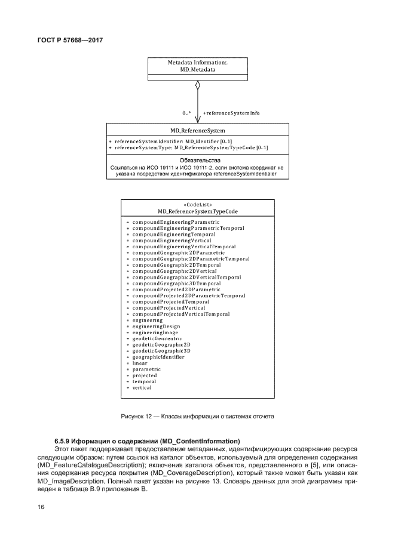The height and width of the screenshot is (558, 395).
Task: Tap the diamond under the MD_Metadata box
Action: point(198,85)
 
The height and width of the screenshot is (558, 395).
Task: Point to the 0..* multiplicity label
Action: point(187,113)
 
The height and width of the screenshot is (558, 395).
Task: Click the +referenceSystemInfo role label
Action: point(231,113)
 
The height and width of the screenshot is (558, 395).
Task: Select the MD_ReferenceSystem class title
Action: point(197,130)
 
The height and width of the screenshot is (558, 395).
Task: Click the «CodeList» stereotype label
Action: point(197,205)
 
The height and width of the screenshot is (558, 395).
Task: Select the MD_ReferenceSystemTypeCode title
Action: point(197,211)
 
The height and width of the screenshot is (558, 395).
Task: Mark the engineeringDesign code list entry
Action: point(156,326)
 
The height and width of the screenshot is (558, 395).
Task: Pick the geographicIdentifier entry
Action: point(158,357)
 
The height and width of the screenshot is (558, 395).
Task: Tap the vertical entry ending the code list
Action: point(142,387)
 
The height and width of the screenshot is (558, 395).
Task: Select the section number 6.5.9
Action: point(63,441)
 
